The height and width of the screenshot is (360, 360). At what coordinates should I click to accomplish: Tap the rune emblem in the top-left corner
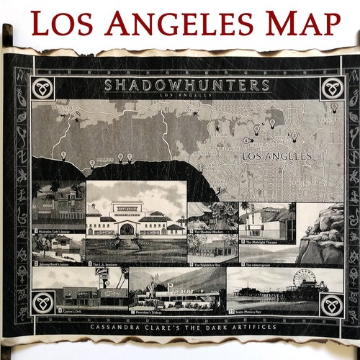click(x=44, y=89)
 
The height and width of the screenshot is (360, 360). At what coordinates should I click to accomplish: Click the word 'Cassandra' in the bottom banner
click(x=117, y=325)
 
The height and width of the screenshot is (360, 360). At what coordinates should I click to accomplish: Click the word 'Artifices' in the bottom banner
click(x=252, y=325)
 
